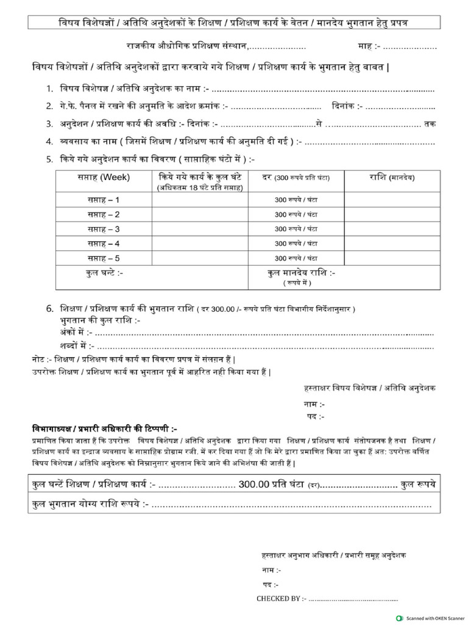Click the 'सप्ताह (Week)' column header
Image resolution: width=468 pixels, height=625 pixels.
[x=103, y=178]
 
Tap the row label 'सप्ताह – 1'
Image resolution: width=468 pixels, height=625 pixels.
[x=103, y=200]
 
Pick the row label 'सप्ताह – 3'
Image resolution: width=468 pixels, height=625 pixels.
[x=103, y=229]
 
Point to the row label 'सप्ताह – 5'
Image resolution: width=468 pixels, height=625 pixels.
[x=103, y=258]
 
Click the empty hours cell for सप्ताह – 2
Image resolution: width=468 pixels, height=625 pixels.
[x=200, y=215]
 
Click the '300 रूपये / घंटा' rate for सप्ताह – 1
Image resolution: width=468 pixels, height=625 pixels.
[x=296, y=200]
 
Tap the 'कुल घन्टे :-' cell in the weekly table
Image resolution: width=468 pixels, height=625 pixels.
[x=105, y=273]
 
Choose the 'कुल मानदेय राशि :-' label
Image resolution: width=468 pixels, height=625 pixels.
[x=301, y=273]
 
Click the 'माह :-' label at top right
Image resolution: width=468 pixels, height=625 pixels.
[x=369, y=46]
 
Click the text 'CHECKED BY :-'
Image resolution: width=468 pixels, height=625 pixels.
[x=282, y=599]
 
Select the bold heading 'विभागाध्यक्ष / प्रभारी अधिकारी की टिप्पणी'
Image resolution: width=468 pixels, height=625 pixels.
[x=104, y=428]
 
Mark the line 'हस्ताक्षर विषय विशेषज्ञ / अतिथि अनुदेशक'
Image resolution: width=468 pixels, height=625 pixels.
[x=369, y=388]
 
